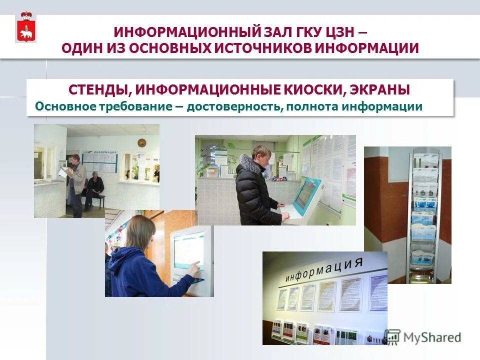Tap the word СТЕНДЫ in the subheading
click(99, 90)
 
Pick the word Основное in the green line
click(59, 107)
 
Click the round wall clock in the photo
click(141, 143)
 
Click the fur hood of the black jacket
click(248, 163)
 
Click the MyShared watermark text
click(431, 337)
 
